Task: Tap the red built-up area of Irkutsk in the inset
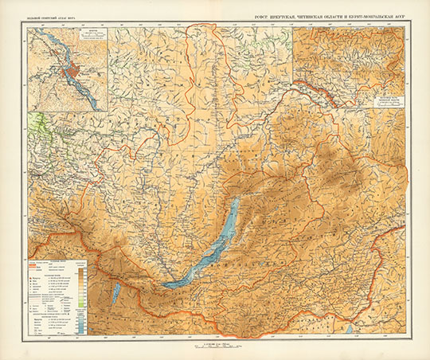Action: pyautogui.click(x=73, y=72)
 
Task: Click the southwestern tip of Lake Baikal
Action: pyautogui.click(x=166, y=283)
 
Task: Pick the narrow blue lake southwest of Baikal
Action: pyautogui.click(x=117, y=295)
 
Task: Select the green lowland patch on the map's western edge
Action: pyautogui.click(x=36, y=127)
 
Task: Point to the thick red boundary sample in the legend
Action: pyautogui.click(x=40, y=268)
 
